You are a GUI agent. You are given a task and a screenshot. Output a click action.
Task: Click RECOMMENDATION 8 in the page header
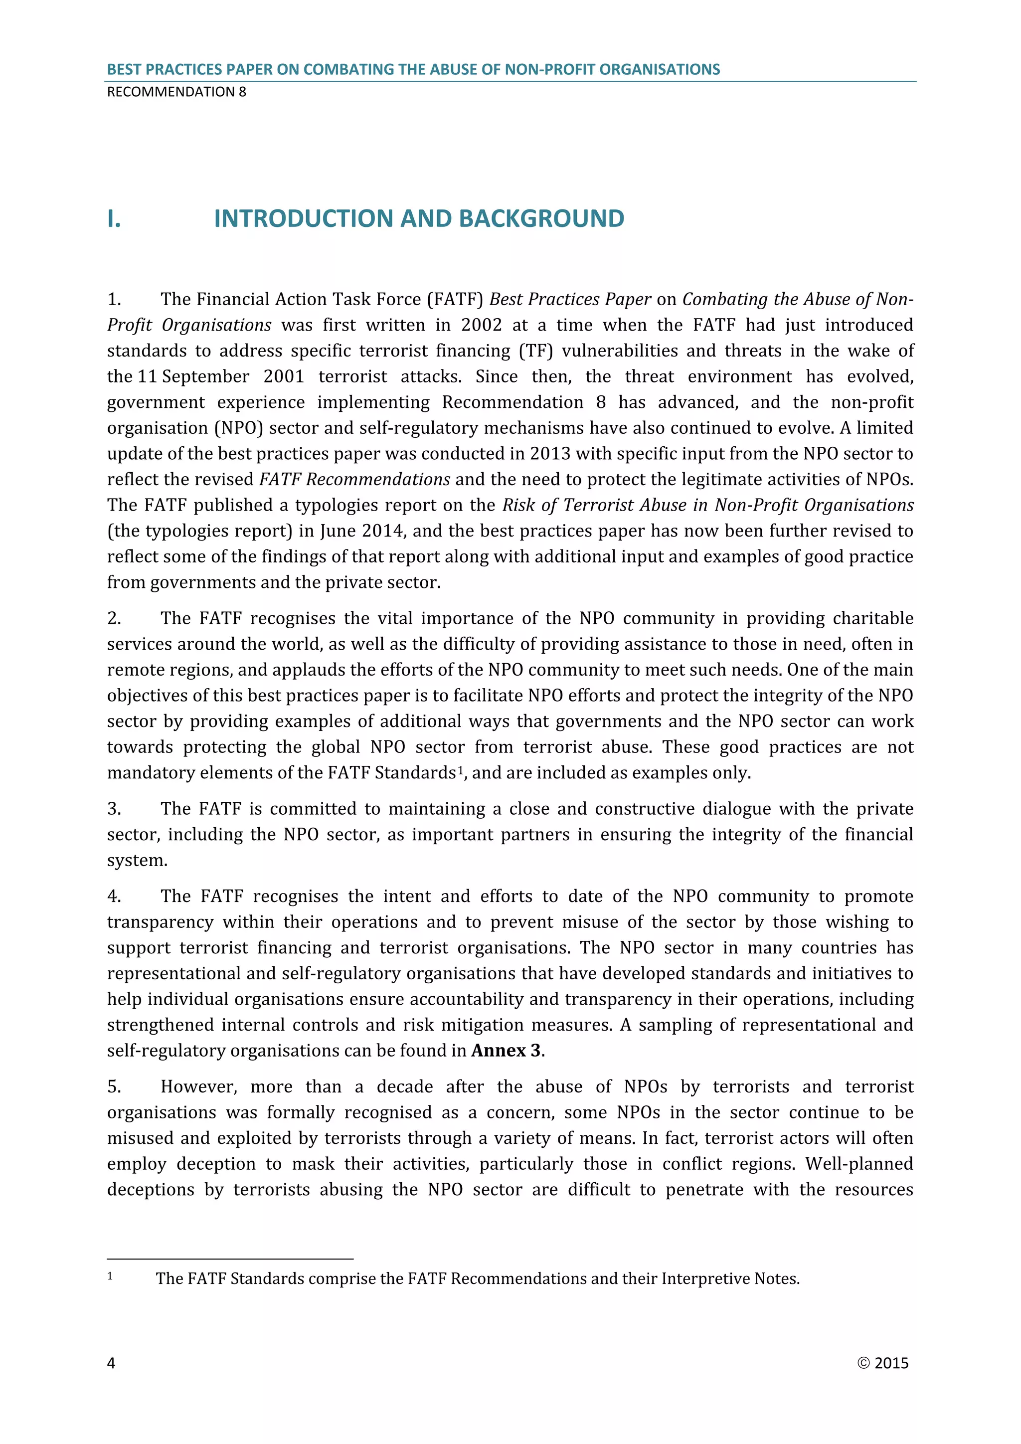pos(176,92)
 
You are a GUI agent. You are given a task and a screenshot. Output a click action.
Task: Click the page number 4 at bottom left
pos(111,1362)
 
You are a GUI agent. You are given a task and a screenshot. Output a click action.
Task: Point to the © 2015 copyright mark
pos(883,1362)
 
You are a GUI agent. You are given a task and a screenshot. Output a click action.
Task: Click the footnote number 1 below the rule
pos(110,1276)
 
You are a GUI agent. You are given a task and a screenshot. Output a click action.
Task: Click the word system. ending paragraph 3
pos(137,860)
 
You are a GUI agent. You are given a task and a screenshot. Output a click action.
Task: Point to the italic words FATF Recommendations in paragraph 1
pos(354,479)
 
